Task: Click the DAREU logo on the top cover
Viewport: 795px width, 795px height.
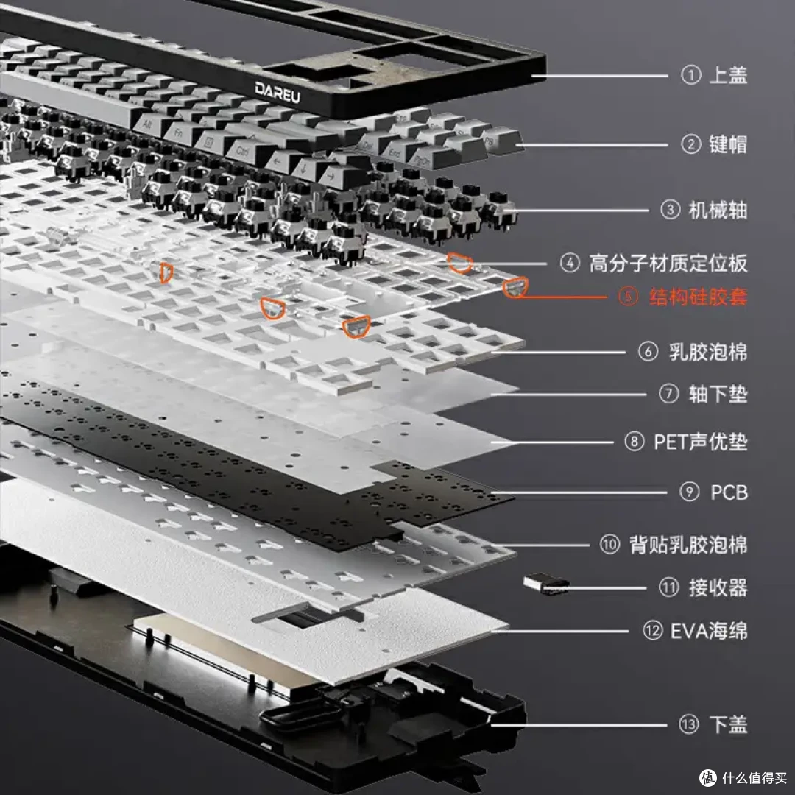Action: pos(278,92)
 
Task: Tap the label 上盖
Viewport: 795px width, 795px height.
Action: pos(728,75)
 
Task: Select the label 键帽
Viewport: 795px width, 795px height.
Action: pos(728,144)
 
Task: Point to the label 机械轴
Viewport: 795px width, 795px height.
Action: pos(718,210)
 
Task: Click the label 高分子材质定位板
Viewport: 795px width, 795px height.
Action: pos(668,264)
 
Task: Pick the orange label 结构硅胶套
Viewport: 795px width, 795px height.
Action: pos(698,297)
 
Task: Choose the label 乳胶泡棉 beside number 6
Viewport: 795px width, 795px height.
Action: pos(708,351)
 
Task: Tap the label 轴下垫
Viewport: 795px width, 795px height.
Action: pos(718,394)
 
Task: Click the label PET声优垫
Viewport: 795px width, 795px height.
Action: pos(701,442)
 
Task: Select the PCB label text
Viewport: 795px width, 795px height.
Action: pos(729,492)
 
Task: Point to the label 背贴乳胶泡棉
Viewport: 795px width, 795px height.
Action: pos(688,545)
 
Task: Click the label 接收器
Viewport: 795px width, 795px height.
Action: pos(718,587)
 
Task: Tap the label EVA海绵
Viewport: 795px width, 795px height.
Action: pos(709,631)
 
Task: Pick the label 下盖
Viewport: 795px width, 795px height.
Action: pos(728,724)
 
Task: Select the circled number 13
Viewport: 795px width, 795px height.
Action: pos(688,724)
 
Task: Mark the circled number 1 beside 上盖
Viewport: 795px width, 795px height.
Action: pos(690,75)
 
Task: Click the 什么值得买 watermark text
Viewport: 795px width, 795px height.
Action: pos(755,778)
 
